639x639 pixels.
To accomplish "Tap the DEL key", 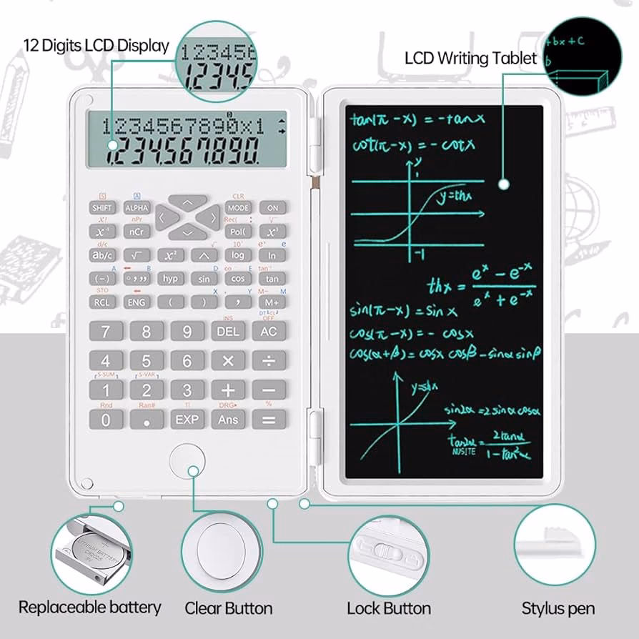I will pyautogui.click(x=228, y=332).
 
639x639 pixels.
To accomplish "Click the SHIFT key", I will pyautogui.click(x=102, y=207).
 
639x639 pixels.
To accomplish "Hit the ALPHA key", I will pyautogui.click(x=136, y=207).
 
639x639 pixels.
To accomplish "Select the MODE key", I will pyautogui.click(x=239, y=207).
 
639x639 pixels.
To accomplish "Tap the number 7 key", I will pyautogui.click(x=106, y=332).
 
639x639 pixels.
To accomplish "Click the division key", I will pyautogui.click(x=269, y=361).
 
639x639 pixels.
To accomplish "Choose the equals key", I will pyautogui.click(x=269, y=420).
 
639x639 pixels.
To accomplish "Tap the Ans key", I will pyautogui.click(x=228, y=420).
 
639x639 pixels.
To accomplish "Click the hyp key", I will pyautogui.click(x=170, y=279).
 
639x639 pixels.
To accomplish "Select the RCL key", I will pyautogui.click(x=102, y=302).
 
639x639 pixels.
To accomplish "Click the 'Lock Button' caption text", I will pyautogui.click(x=389, y=608).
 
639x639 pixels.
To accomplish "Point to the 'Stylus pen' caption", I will pyautogui.click(x=558, y=608).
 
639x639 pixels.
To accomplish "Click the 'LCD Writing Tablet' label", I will pyautogui.click(x=470, y=58).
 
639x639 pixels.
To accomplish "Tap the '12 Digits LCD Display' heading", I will pyautogui.click(x=96, y=46).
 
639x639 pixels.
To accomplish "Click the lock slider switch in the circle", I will pyautogui.click(x=386, y=553).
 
